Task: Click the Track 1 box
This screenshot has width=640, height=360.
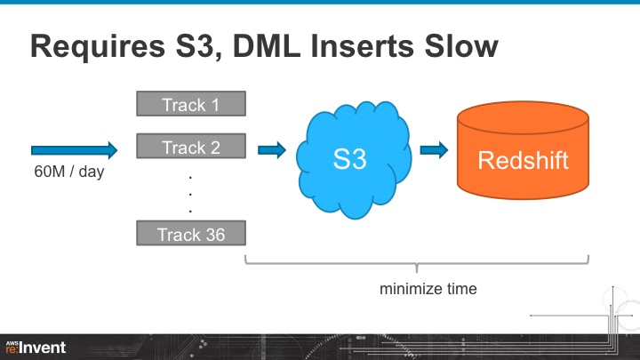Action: [190, 105]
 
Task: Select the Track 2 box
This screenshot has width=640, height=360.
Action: [190, 148]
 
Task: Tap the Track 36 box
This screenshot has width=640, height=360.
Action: [190, 235]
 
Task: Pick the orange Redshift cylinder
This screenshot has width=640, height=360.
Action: [522, 151]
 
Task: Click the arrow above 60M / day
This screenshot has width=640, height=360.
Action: [74, 149]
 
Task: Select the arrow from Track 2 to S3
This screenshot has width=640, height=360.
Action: [271, 149]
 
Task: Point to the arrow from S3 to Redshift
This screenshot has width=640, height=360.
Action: [434, 149]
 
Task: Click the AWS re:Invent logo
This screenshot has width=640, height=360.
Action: [36, 347]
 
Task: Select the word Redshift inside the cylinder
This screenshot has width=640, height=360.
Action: [522, 161]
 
